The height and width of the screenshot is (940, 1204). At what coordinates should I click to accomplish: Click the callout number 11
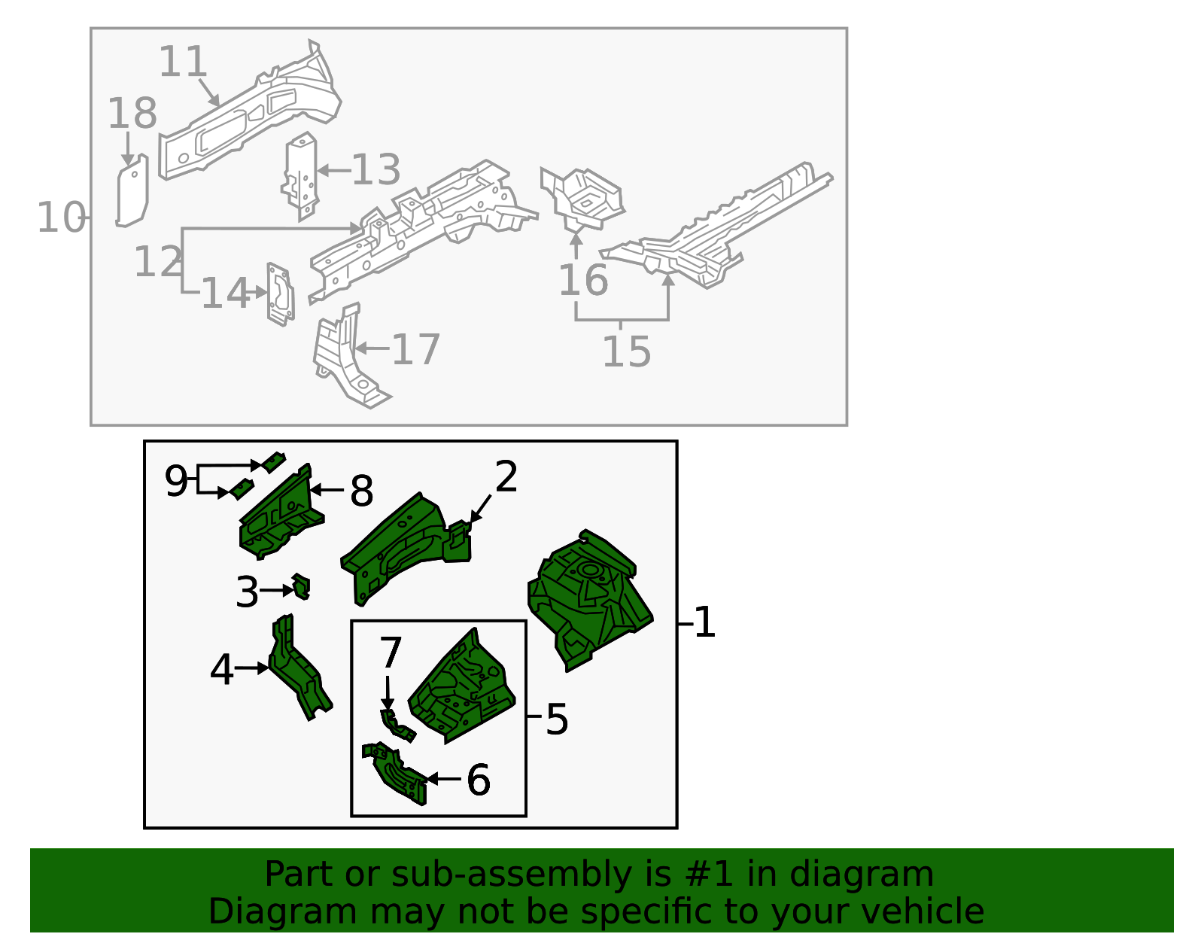pos(183,62)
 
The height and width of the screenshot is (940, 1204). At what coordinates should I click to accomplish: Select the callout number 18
pos(132,113)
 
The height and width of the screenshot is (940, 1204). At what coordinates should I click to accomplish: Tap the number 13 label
pos(376,169)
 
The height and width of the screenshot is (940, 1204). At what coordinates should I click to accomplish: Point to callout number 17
pos(415,349)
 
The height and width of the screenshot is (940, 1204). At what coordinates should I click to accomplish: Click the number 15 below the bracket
pos(627,351)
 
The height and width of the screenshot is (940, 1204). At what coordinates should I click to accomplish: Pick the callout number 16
pos(583,280)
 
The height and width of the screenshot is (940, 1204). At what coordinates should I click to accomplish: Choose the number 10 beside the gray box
pos(61,218)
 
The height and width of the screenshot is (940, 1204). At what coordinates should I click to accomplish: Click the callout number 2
pos(506,476)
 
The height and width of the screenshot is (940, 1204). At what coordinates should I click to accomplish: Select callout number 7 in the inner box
pos(391,653)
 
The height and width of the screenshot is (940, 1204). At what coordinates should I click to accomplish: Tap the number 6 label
pos(479,780)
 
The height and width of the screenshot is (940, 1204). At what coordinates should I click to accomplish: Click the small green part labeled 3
pos(301,587)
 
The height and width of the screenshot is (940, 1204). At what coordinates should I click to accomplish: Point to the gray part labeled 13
pos(300,175)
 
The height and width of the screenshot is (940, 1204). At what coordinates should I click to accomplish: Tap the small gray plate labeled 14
pos(281,294)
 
